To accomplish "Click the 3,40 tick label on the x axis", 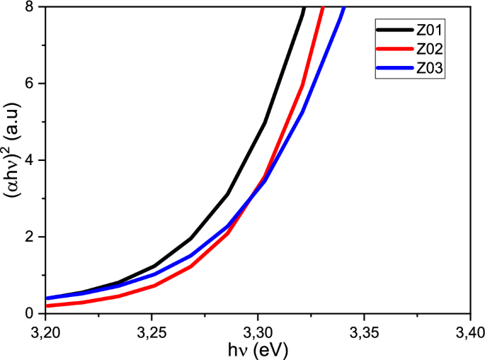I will click(469, 332).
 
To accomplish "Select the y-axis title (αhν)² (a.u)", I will click(11, 160).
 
